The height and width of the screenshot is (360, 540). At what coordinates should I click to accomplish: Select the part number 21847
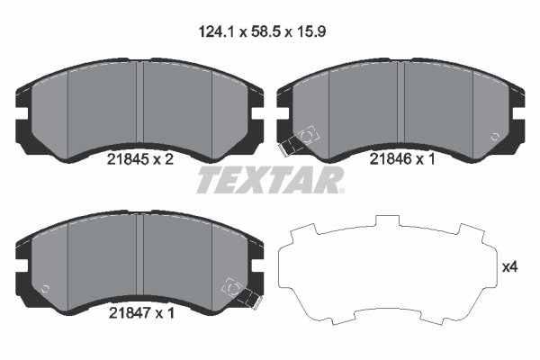[127, 312]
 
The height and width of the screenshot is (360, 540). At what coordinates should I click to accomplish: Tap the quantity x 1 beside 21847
[165, 312]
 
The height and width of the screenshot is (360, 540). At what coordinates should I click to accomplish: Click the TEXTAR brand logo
[268, 180]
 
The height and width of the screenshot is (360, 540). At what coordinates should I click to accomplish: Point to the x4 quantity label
[508, 266]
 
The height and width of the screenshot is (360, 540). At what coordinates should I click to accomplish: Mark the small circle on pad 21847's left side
[46, 290]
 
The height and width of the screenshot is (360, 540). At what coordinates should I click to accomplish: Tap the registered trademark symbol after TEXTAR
[340, 190]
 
